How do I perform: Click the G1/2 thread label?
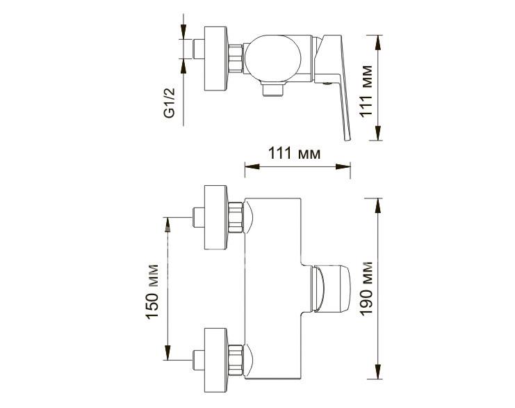tap(170, 102)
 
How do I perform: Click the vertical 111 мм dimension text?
tap(366, 91)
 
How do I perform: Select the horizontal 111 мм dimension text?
tap(294, 153)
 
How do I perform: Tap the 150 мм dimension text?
tap(152, 292)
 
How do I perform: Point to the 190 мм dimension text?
tap(366, 288)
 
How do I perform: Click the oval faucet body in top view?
tap(272, 58)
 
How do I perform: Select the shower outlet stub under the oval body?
tap(272, 89)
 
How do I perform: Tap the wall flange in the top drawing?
tap(215, 58)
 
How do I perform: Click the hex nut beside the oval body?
tap(236, 58)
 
